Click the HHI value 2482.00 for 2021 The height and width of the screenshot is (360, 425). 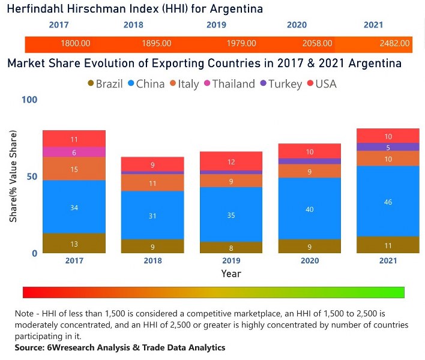[395, 44]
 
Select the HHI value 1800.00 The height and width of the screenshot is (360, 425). [76, 44]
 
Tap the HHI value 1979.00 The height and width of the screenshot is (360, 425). [241, 44]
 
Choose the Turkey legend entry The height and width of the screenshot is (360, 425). [280, 84]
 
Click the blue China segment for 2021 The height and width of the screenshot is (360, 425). [388, 202]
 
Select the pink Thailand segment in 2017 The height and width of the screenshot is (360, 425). [74, 152]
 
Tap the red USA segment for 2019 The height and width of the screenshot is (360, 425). [231, 161]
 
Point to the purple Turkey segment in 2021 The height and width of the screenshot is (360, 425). [388, 147]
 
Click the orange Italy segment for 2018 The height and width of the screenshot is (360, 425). [152, 183]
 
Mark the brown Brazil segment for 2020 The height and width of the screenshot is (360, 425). [309, 246]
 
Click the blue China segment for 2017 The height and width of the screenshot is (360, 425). [74, 207]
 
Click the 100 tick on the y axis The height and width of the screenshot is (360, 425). [29, 100]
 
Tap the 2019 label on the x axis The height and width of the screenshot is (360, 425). [231, 261]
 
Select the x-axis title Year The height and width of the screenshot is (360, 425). [231, 274]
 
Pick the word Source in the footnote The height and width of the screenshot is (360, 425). [30, 347]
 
